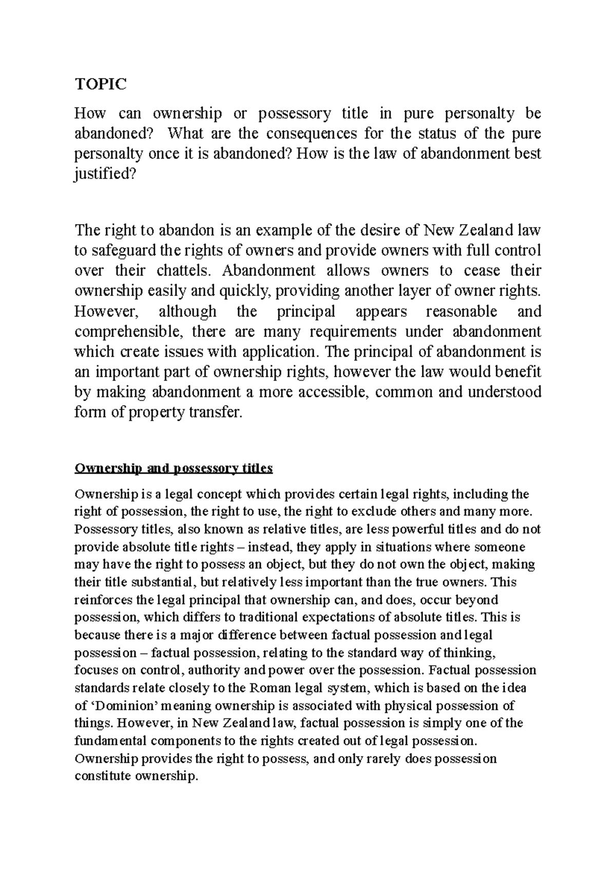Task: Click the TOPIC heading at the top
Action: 100,84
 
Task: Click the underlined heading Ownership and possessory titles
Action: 174,468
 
